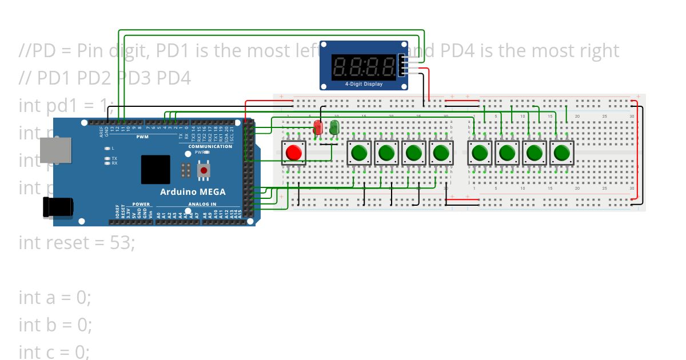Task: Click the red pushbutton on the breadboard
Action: click(x=293, y=153)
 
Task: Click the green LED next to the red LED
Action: click(x=334, y=127)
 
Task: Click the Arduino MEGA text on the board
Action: click(x=193, y=191)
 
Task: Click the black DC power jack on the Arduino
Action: click(x=57, y=206)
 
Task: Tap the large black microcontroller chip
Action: click(x=155, y=169)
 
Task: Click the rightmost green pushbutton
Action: click(x=561, y=153)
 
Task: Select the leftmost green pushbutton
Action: click(x=359, y=153)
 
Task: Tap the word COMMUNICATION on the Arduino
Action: click(x=210, y=146)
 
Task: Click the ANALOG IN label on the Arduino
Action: click(x=202, y=204)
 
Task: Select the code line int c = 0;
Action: click(x=54, y=352)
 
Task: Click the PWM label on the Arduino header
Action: click(x=142, y=137)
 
